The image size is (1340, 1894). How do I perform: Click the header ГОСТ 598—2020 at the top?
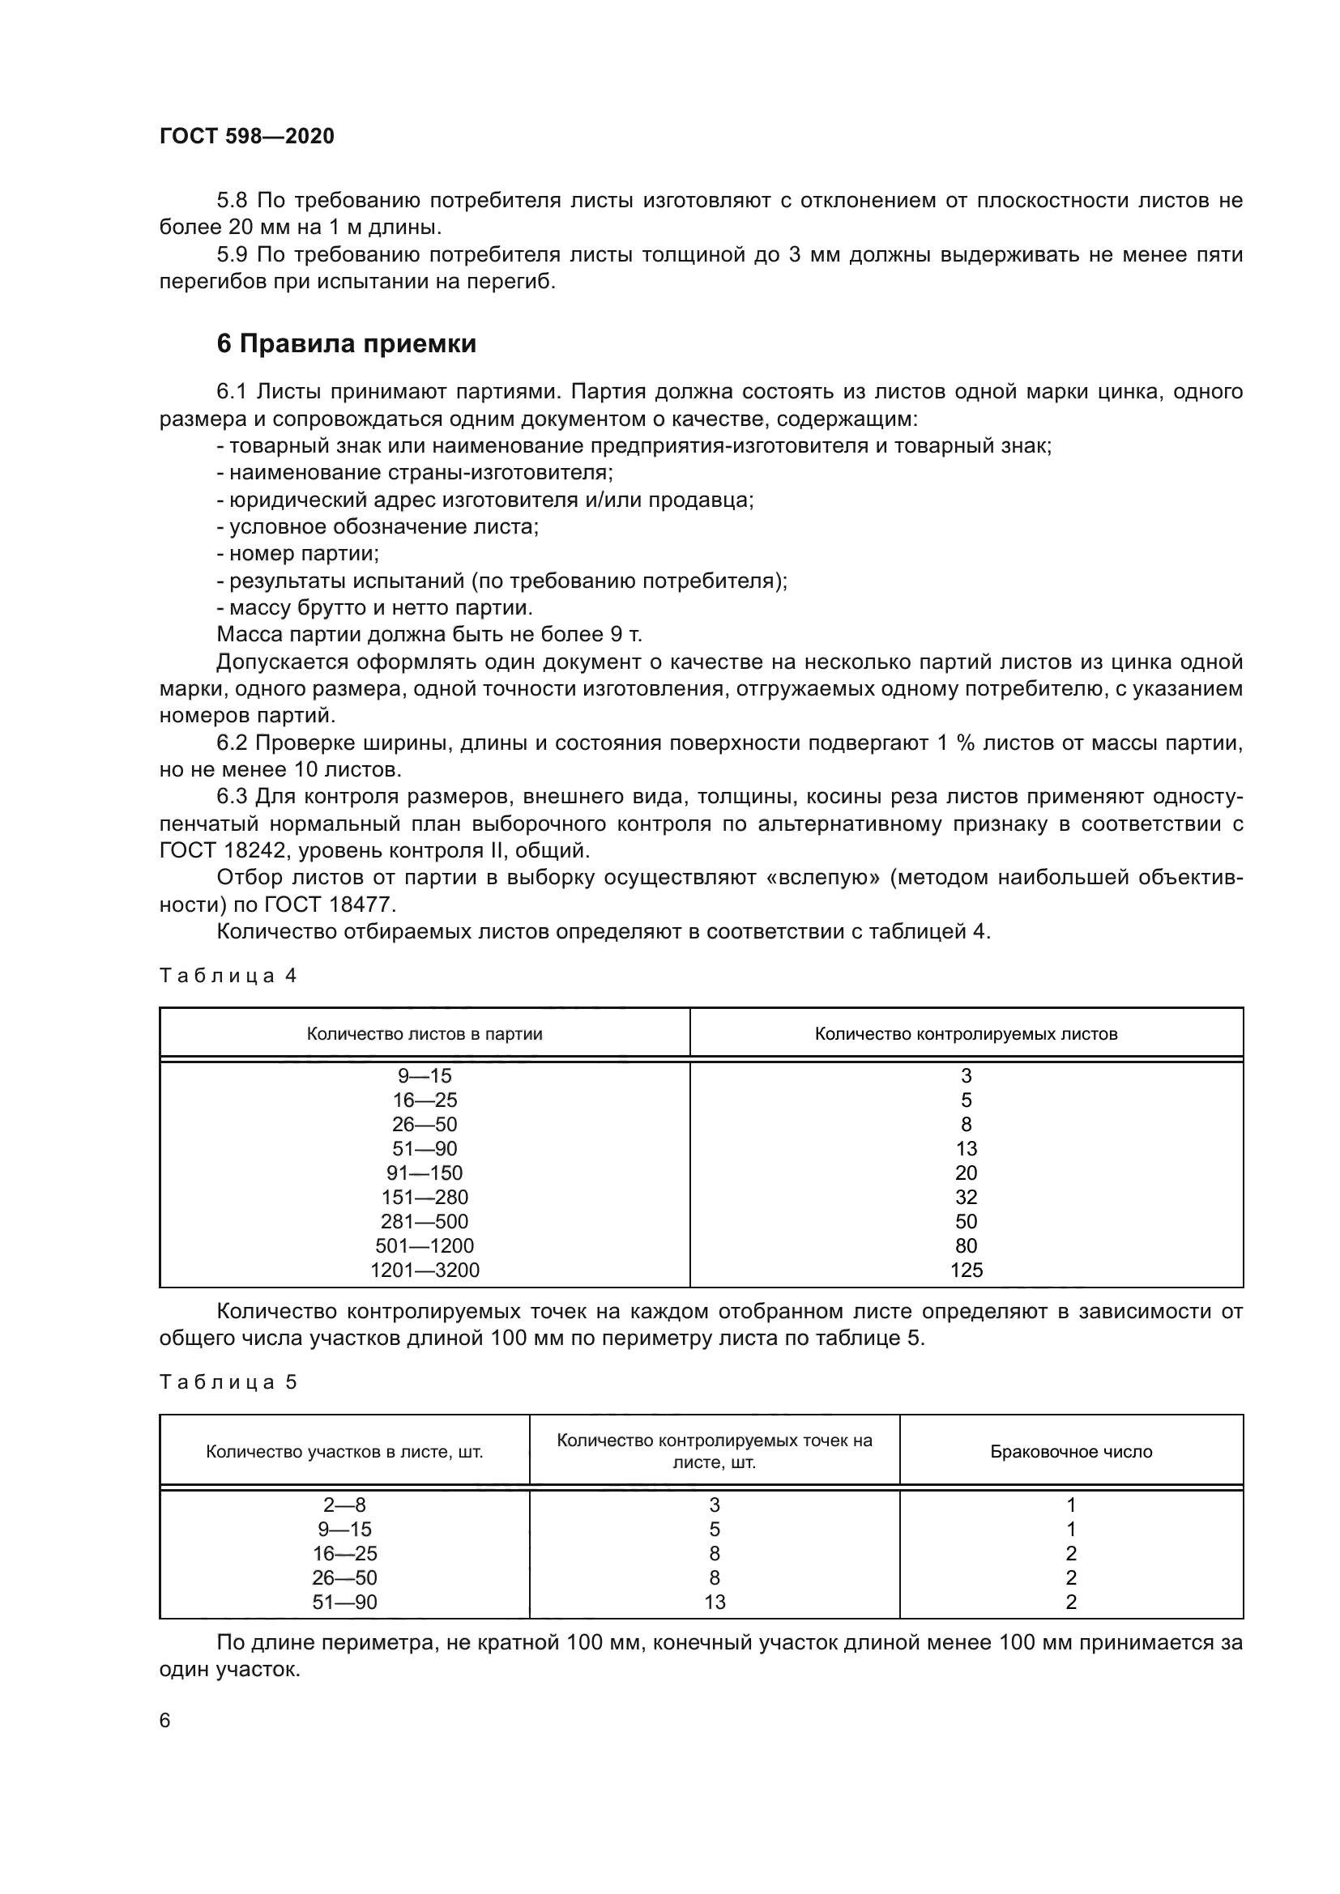click(x=247, y=136)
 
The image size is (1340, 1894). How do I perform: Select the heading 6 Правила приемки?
click(x=347, y=343)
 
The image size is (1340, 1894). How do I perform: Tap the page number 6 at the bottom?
click(x=165, y=1720)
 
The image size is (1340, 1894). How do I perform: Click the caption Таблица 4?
click(x=228, y=976)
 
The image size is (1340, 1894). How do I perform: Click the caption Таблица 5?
click(x=228, y=1381)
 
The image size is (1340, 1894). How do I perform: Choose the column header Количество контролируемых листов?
click(x=966, y=1033)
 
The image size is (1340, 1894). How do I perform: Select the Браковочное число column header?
click(x=1070, y=1451)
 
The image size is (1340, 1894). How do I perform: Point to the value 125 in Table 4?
click(x=966, y=1270)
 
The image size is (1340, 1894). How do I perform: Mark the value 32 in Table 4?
click(x=966, y=1197)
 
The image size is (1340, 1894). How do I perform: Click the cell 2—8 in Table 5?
click(x=344, y=1505)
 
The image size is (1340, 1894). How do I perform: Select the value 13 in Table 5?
click(x=714, y=1602)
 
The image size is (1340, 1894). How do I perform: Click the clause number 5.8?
click(x=233, y=201)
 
